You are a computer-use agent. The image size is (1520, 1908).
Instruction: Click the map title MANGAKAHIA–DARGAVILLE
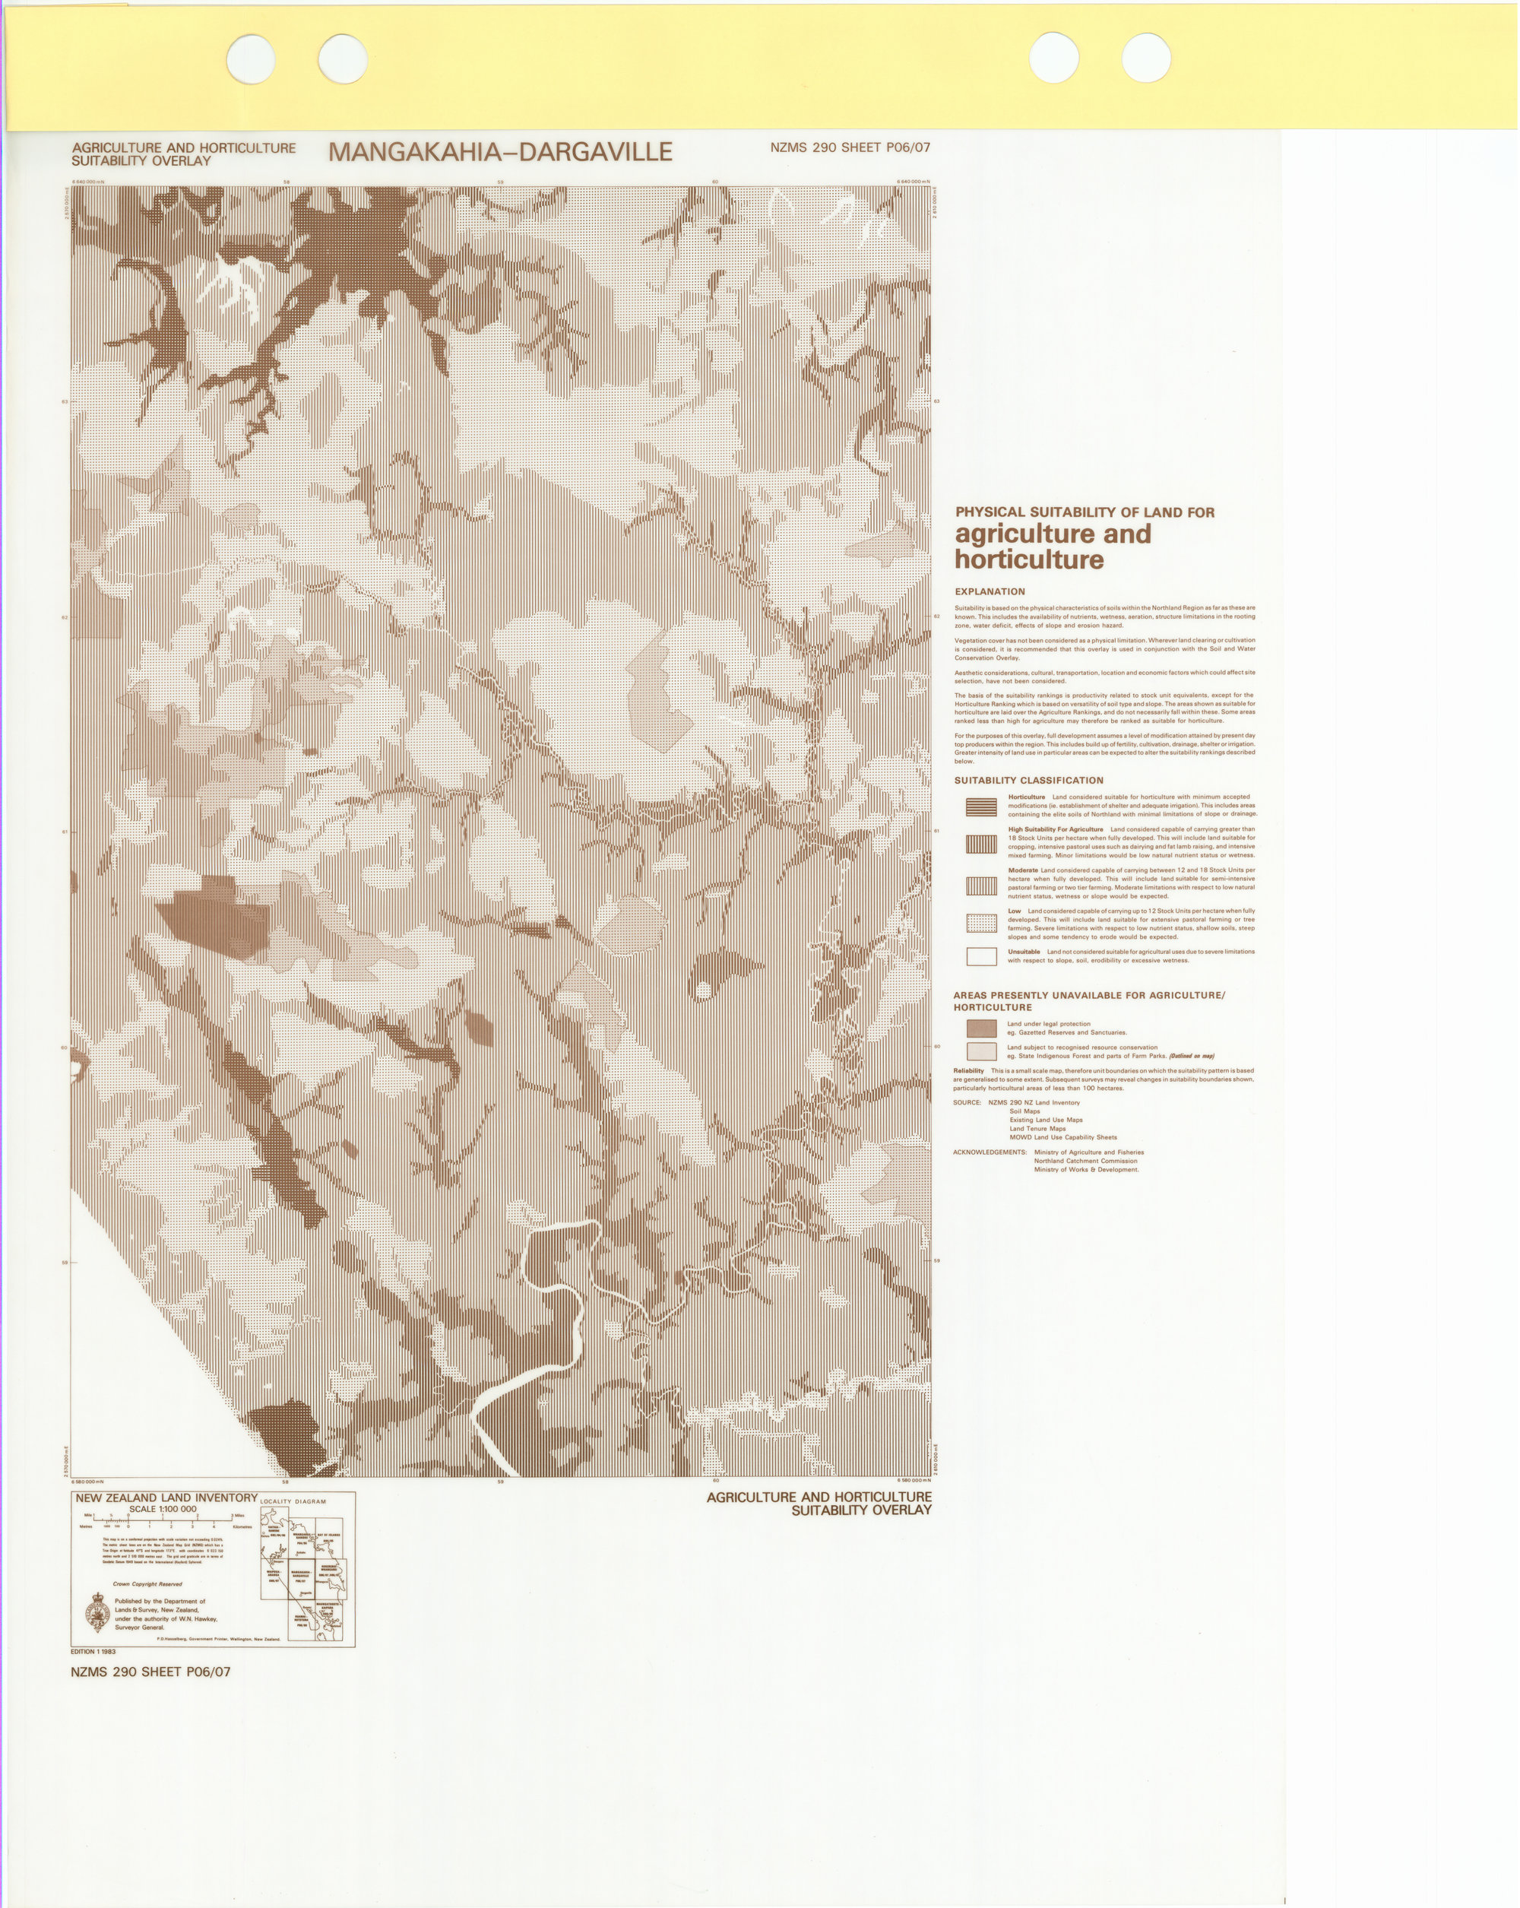coord(500,152)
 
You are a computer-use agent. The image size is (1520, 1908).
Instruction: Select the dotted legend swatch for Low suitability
coord(981,923)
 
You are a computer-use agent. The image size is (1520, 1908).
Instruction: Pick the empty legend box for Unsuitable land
coord(981,956)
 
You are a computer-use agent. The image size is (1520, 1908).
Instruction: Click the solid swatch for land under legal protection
coord(981,1028)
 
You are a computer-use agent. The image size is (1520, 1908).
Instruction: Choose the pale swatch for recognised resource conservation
coord(981,1051)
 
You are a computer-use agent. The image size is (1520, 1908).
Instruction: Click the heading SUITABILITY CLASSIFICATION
coord(1028,781)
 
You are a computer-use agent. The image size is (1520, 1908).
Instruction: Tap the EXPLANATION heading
coord(990,592)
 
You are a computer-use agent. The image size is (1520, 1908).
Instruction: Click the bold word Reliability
coord(968,1071)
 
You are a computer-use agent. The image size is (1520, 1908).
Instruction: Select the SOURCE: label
coord(967,1103)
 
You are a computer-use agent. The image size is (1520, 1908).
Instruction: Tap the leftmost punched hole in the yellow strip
coord(250,59)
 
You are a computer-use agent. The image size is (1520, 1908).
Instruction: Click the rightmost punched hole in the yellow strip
coord(1146,59)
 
